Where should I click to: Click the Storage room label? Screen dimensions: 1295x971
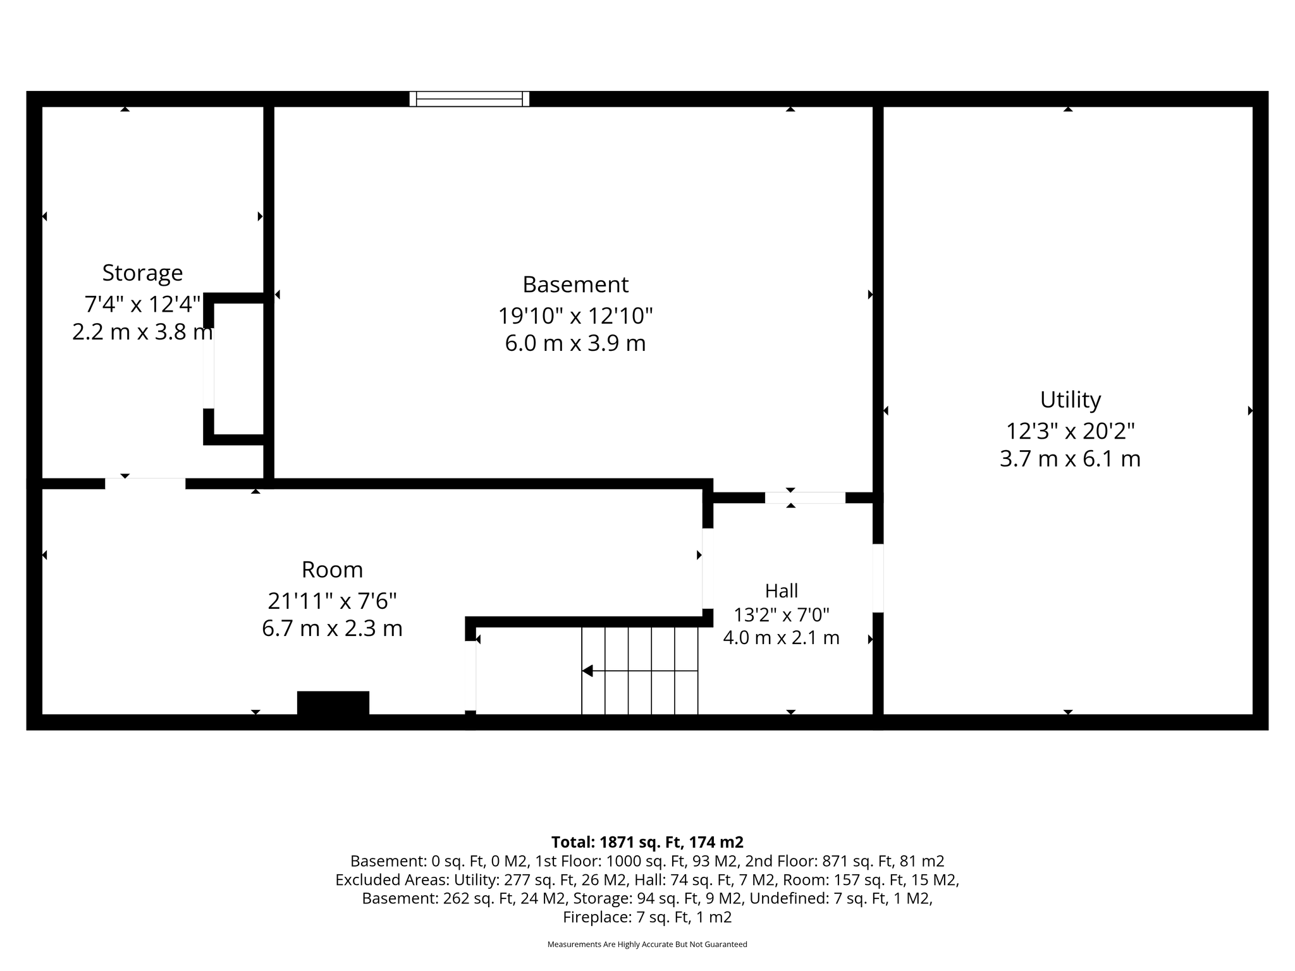(142, 273)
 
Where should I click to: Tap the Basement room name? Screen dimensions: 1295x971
(575, 284)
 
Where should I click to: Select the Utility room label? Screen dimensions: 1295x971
(1071, 400)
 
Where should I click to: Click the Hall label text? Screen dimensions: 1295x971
(782, 591)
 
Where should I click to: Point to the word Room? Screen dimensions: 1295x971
(332, 570)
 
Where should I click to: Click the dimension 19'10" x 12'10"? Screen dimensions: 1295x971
(575, 315)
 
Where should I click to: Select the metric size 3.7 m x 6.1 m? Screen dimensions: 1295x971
(1071, 458)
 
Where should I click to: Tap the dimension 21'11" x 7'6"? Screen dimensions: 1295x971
(332, 600)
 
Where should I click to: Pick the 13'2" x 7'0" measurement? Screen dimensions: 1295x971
(782, 614)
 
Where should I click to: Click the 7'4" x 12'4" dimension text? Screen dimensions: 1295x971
(142, 304)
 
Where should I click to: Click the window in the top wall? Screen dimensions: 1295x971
(469, 99)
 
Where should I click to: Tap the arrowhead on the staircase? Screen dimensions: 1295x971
(587, 671)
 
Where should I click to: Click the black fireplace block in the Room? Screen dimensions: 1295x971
(333, 703)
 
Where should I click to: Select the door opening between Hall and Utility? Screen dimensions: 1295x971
(878, 578)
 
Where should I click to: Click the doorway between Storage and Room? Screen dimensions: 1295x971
(145, 484)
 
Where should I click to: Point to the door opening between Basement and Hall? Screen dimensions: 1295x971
(805, 498)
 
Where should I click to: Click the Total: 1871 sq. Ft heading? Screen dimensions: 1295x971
(647, 842)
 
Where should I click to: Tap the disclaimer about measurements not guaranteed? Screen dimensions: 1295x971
(647, 944)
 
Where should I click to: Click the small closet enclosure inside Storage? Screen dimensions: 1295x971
(234, 369)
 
